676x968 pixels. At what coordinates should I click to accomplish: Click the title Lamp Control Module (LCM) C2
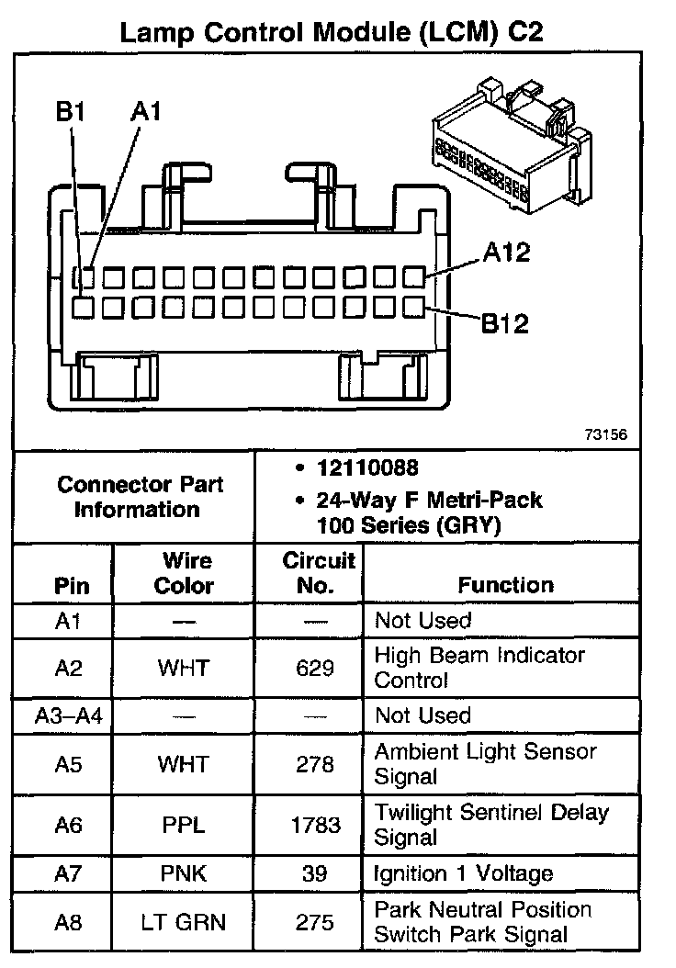pyautogui.click(x=332, y=33)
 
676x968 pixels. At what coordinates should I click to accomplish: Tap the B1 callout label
pyautogui.click(x=70, y=112)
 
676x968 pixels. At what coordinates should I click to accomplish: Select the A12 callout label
pyautogui.click(x=506, y=253)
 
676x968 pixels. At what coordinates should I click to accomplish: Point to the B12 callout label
pyautogui.click(x=506, y=323)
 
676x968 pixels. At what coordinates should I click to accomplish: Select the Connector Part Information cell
pyautogui.click(x=139, y=497)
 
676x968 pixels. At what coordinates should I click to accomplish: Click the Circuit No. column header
pyautogui.click(x=315, y=573)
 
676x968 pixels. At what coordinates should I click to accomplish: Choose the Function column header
pyautogui.click(x=506, y=585)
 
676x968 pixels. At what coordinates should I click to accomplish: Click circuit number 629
pyautogui.click(x=315, y=668)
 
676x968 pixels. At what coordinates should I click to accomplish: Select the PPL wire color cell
pyautogui.click(x=184, y=825)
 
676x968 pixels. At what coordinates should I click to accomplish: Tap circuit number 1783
pyautogui.click(x=315, y=825)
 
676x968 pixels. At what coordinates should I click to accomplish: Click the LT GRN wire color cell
pyautogui.click(x=184, y=922)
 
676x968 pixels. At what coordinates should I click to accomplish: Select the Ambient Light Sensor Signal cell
pyautogui.click(x=485, y=764)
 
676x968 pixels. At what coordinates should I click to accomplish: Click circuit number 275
pyautogui.click(x=315, y=922)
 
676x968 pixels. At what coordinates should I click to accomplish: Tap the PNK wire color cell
pyautogui.click(x=184, y=873)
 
